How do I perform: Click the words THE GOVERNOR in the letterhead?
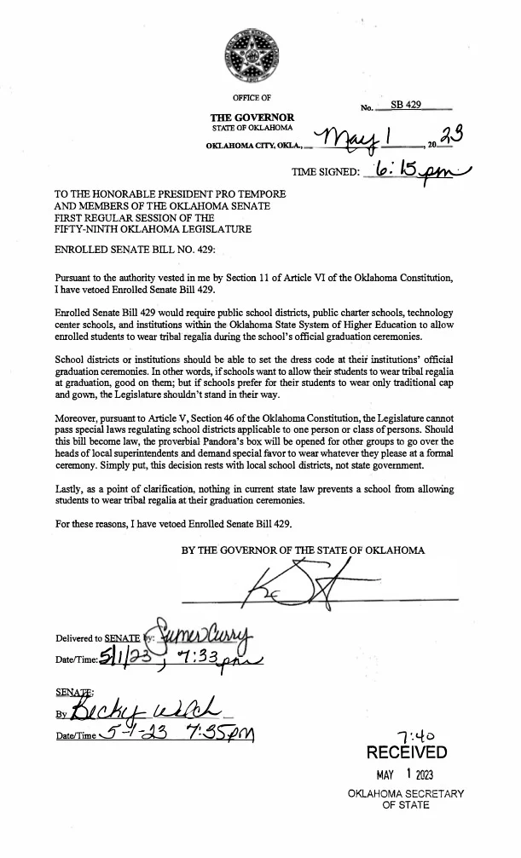pyautogui.click(x=252, y=118)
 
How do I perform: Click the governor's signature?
pyautogui.click(x=291, y=584)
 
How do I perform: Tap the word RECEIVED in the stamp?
pyautogui.click(x=406, y=752)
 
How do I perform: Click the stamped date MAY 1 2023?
pyautogui.click(x=405, y=775)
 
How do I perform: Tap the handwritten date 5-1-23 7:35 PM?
pyautogui.click(x=178, y=734)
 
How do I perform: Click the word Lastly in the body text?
pyautogui.click(x=69, y=489)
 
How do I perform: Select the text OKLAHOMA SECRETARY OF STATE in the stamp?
pyautogui.click(x=406, y=799)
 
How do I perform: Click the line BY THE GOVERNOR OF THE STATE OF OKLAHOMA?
pyautogui.click(x=303, y=550)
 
